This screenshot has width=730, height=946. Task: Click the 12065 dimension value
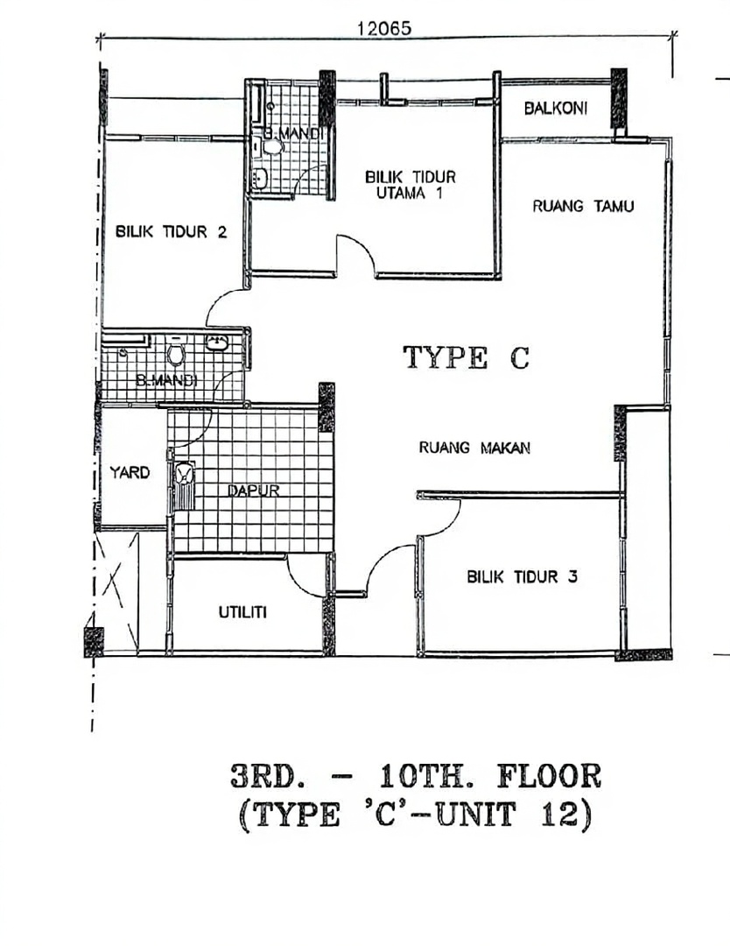point(384,28)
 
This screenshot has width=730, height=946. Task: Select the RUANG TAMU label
point(583,207)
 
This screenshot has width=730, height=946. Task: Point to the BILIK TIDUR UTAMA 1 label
point(410,185)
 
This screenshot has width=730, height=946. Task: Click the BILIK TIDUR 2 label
point(172,231)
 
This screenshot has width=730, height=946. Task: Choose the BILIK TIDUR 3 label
point(522,576)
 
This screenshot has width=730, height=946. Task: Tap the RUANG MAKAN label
point(474,448)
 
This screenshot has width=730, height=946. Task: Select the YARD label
point(130,472)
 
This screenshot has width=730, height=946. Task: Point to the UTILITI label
point(242,613)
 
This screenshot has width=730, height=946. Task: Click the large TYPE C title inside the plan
point(466,357)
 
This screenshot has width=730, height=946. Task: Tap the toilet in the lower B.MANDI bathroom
point(176,353)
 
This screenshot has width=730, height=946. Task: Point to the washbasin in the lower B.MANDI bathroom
point(217,342)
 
